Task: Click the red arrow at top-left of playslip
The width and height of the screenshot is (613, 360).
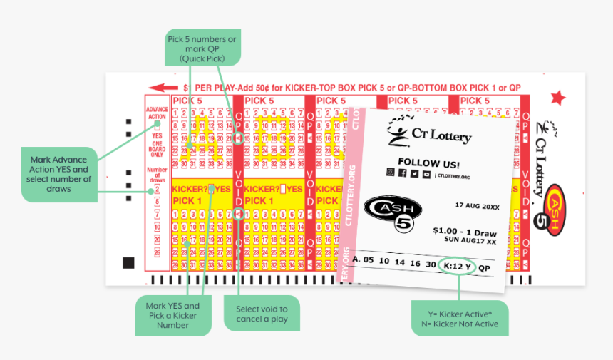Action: (163, 88)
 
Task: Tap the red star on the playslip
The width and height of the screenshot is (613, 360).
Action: (557, 98)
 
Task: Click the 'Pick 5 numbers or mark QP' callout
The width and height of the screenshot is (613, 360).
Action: (202, 48)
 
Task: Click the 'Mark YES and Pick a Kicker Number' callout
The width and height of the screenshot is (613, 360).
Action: (173, 315)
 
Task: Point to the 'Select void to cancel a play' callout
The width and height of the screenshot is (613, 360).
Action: (262, 314)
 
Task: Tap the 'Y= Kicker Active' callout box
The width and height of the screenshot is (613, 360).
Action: (459, 318)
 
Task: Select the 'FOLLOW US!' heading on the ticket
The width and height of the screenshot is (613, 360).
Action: (428, 163)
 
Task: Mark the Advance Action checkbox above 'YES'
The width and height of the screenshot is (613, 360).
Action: (157, 126)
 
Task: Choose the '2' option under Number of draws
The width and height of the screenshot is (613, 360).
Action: (157, 189)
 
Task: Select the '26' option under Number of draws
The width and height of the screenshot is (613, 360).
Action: (157, 252)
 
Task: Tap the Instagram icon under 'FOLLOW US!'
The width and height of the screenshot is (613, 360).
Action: (391, 173)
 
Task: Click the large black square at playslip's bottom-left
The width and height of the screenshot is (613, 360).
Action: (128, 263)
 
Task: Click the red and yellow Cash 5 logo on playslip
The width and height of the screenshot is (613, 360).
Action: (556, 207)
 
